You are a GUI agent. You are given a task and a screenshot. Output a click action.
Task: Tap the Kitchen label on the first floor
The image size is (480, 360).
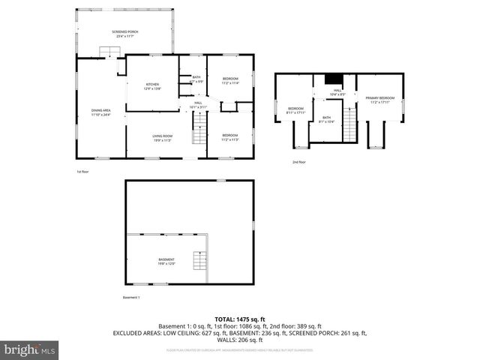click(x=152, y=86)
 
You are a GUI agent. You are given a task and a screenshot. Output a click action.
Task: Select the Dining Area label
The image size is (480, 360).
click(x=101, y=112)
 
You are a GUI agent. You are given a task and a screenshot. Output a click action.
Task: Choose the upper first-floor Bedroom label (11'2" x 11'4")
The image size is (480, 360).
click(x=230, y=80)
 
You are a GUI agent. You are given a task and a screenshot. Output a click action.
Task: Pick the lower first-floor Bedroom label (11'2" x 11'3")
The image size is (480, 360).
click(x=230, y=137)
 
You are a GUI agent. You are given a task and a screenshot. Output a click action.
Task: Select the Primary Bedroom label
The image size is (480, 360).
click(x=380, y=100)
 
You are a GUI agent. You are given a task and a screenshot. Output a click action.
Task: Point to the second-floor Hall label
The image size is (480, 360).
click(x=337, y=92)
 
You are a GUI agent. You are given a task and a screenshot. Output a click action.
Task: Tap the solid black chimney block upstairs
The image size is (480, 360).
click(x=333, y=79)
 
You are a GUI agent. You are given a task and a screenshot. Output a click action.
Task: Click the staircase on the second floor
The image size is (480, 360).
click(x=349, y=124)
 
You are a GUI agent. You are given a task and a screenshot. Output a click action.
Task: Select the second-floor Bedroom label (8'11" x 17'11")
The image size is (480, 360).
click(x=295, y=111)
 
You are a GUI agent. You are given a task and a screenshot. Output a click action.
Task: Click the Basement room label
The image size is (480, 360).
click(x=166, y=262)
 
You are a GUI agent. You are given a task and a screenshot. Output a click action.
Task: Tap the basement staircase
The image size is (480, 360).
click(x=199, y=261)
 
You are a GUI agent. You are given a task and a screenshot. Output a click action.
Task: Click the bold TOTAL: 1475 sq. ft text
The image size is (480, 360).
click(x=239, y=319)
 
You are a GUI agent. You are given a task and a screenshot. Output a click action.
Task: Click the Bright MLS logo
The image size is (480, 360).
click(x=29, y=349)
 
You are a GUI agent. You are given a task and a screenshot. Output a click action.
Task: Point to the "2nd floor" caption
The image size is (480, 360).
click(x=299, y=161)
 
